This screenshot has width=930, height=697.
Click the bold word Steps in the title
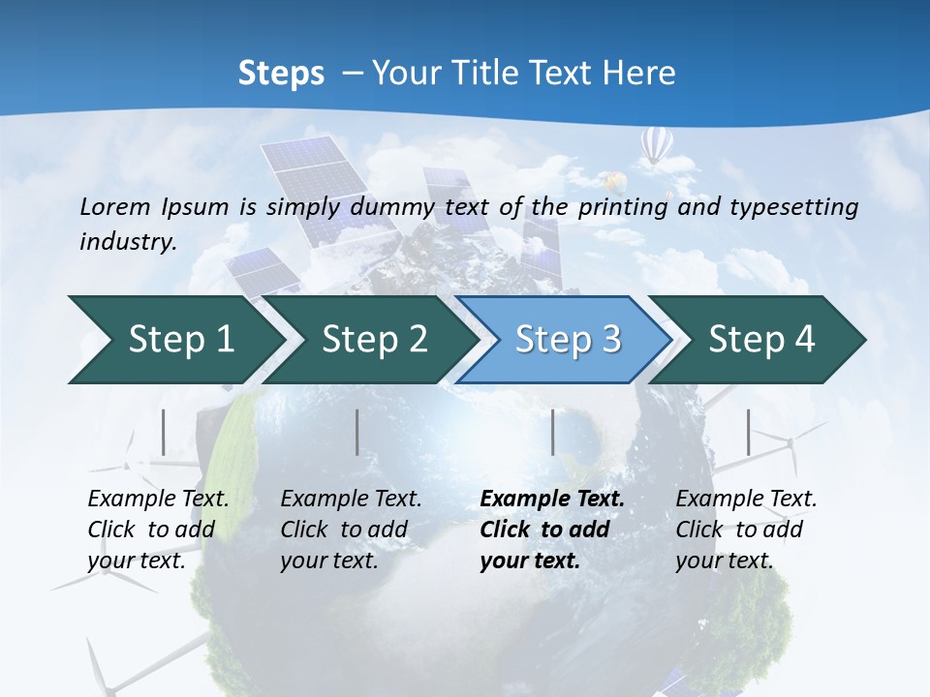point(281,74)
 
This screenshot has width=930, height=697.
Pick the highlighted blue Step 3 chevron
point(568,340)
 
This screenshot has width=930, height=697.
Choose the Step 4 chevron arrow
point(761,340)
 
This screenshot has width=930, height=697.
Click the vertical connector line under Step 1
point(164,432)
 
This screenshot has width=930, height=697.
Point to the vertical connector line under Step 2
point(357,432)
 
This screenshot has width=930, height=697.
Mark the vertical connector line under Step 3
point(553,432)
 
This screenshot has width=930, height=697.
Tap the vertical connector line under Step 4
point(749,432)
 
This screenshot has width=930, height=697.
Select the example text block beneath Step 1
point(158,529)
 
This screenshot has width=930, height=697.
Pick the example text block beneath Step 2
point(351,529)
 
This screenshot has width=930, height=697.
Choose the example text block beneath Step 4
point(746,529)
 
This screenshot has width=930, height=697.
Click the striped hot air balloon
point(656,146)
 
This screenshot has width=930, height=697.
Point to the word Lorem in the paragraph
point(115,206)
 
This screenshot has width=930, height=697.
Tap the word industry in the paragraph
point(127,242)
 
